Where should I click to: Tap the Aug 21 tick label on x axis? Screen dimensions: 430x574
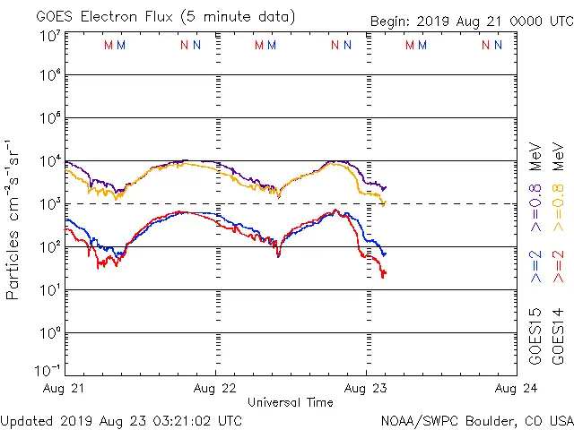[64, 388]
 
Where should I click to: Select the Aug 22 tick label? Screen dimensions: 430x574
[215, 388]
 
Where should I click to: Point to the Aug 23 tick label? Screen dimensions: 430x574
[366, 388]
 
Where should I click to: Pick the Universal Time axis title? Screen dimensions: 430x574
[290, 402]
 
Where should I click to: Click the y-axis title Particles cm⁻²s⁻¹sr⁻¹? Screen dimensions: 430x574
[13, 219]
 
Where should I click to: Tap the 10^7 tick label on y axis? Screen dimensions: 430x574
[49, 37]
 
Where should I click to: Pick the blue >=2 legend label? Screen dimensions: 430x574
[535, 266]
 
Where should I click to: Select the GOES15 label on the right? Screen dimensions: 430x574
[535, 336]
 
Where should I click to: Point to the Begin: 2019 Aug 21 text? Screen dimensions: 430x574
[471, 21]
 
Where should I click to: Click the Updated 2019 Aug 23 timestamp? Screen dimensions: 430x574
[121, 419]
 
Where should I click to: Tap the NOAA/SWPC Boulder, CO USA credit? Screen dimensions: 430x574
[476, 419]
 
